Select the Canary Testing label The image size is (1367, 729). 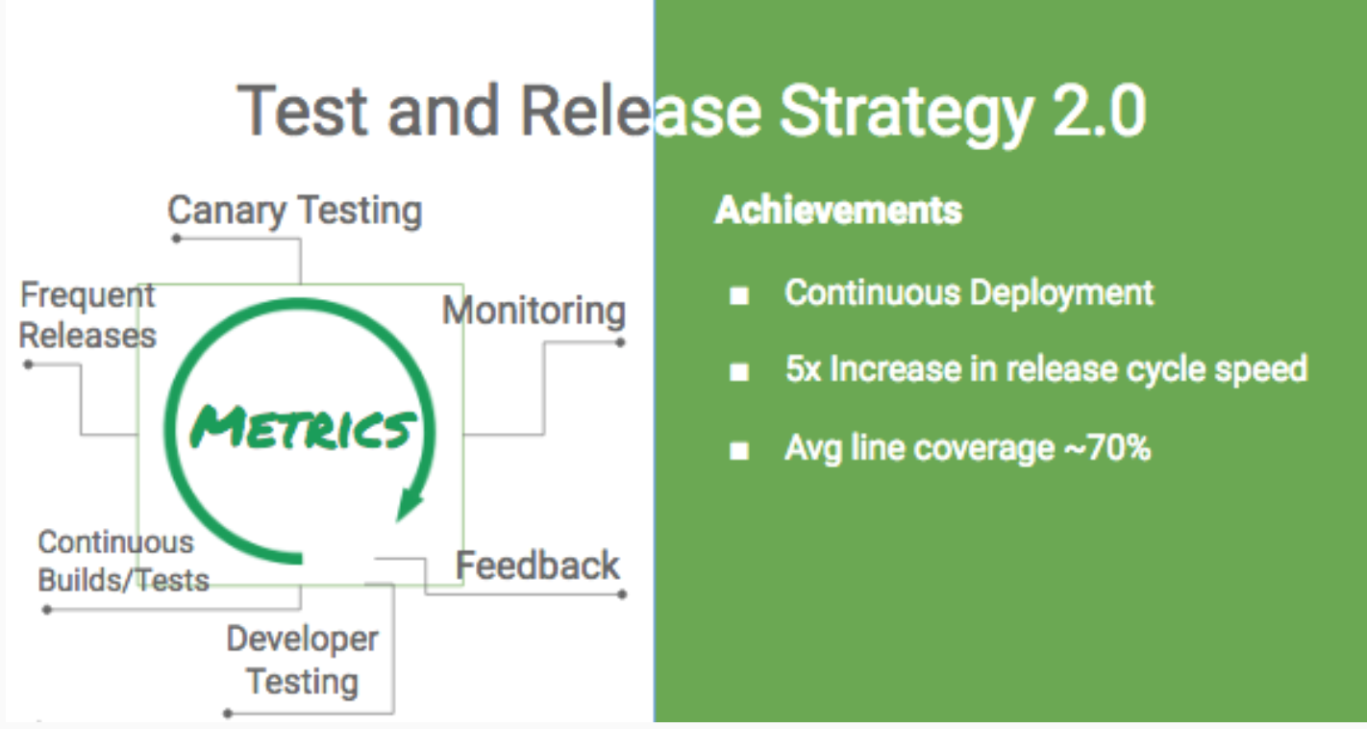coord(295,212)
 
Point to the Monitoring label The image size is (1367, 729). coord(534,311)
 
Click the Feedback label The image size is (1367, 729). coord(537,565)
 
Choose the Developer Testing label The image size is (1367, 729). coord(303,660)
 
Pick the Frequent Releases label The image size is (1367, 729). coord(87,315)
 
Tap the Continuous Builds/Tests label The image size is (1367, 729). coord(123,561)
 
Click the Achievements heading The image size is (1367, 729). coord(838,211)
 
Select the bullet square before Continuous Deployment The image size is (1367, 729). coord(739,296)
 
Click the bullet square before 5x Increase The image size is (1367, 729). coord(739,372)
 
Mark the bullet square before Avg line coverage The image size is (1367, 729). coord(739,451)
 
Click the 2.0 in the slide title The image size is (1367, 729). coord(1099,112)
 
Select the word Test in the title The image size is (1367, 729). coord(303,112)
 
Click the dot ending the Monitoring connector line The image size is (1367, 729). coord(620,342)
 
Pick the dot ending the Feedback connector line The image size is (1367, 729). coord(622,594)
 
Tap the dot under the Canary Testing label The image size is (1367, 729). coord(176,239)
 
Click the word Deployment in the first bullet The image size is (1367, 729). coord(1062,293)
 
